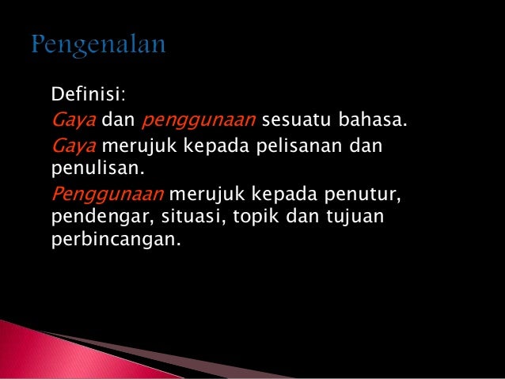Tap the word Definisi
tap(87, 97)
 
